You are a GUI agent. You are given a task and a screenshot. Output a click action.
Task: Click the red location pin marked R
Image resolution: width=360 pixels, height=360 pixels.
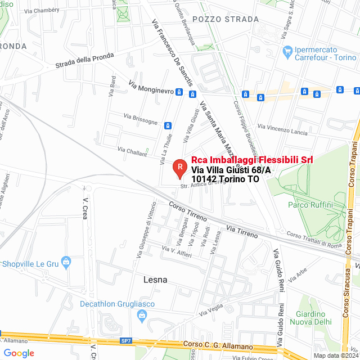point(179,166)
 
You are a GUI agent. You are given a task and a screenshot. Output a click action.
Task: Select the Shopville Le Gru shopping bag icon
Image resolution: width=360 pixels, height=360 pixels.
point(66,261)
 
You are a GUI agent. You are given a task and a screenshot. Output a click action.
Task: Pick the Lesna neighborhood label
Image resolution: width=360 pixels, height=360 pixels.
point(156,279)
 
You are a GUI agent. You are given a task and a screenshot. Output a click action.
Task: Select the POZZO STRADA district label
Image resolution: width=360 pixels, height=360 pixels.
point(218,19)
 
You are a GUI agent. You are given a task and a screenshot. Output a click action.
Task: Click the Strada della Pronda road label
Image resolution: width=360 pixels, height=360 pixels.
point(84,61)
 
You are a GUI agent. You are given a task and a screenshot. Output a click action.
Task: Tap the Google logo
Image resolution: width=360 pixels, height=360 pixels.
point(19,353)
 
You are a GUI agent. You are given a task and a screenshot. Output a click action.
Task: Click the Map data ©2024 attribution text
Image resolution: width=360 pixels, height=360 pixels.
point(336,355)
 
